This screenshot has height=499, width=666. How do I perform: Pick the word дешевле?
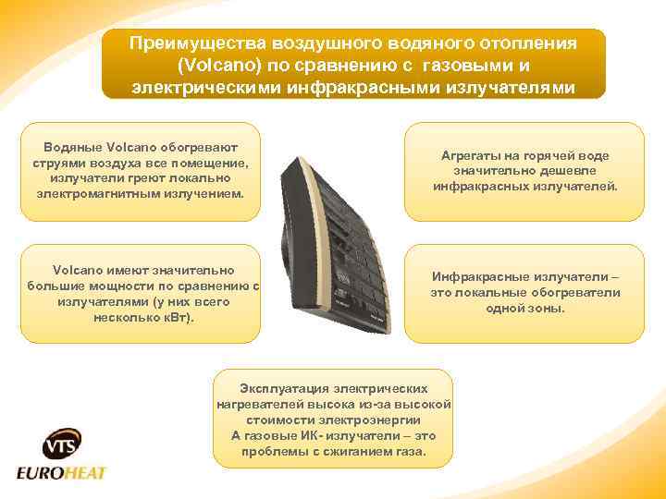tap(551, 171)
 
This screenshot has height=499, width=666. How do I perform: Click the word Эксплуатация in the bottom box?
tap(283, 389)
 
